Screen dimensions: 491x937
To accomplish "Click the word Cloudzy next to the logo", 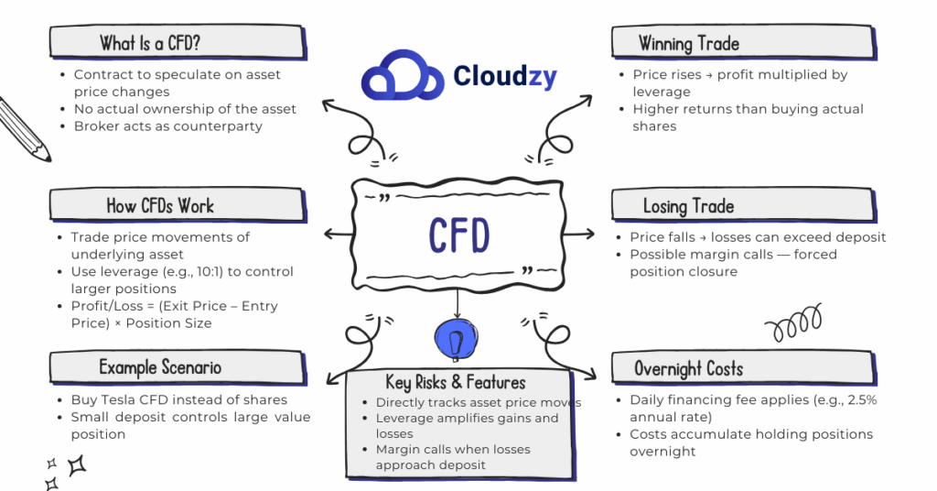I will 505,77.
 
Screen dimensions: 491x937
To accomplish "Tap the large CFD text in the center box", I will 458,235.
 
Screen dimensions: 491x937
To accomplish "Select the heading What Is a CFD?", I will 151,43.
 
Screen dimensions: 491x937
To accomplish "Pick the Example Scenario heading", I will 160,367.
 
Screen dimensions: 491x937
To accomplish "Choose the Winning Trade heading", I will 688,43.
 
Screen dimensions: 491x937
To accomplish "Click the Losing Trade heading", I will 688,205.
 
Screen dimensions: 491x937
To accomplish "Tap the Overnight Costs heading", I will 688,368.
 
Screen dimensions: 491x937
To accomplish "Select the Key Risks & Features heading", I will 456,382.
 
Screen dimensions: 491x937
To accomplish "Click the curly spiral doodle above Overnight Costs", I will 792,323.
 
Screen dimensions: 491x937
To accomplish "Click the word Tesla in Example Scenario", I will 121,400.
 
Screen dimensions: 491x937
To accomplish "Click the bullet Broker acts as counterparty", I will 167,125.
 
